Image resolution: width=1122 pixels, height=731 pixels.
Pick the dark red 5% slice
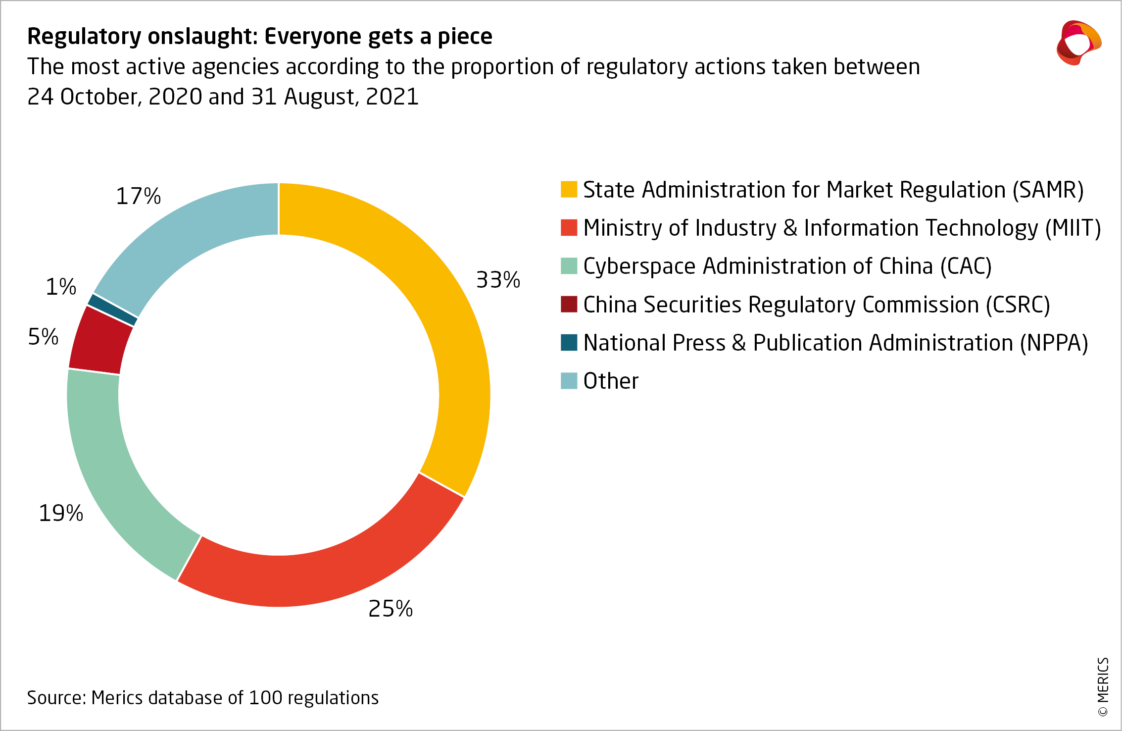coord(99,342)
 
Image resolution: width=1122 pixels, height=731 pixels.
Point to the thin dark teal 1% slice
coord(112,310)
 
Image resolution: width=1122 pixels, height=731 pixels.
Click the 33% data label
coord(498,280)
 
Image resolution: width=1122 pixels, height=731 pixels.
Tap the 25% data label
coord(390,609)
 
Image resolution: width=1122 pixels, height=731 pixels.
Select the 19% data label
coord(61,513)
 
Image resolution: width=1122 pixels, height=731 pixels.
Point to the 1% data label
coord(61,287)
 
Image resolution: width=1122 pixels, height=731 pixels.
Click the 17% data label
coord(138,196)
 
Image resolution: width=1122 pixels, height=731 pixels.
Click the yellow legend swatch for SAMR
coord(569,190)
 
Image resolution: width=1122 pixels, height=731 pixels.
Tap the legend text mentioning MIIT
coord(841,228)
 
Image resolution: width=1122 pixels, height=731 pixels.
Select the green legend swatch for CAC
coord(569,266)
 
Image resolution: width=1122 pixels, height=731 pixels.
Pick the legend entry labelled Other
coord(610,381)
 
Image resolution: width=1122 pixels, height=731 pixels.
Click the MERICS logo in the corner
coord(1078,43)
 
